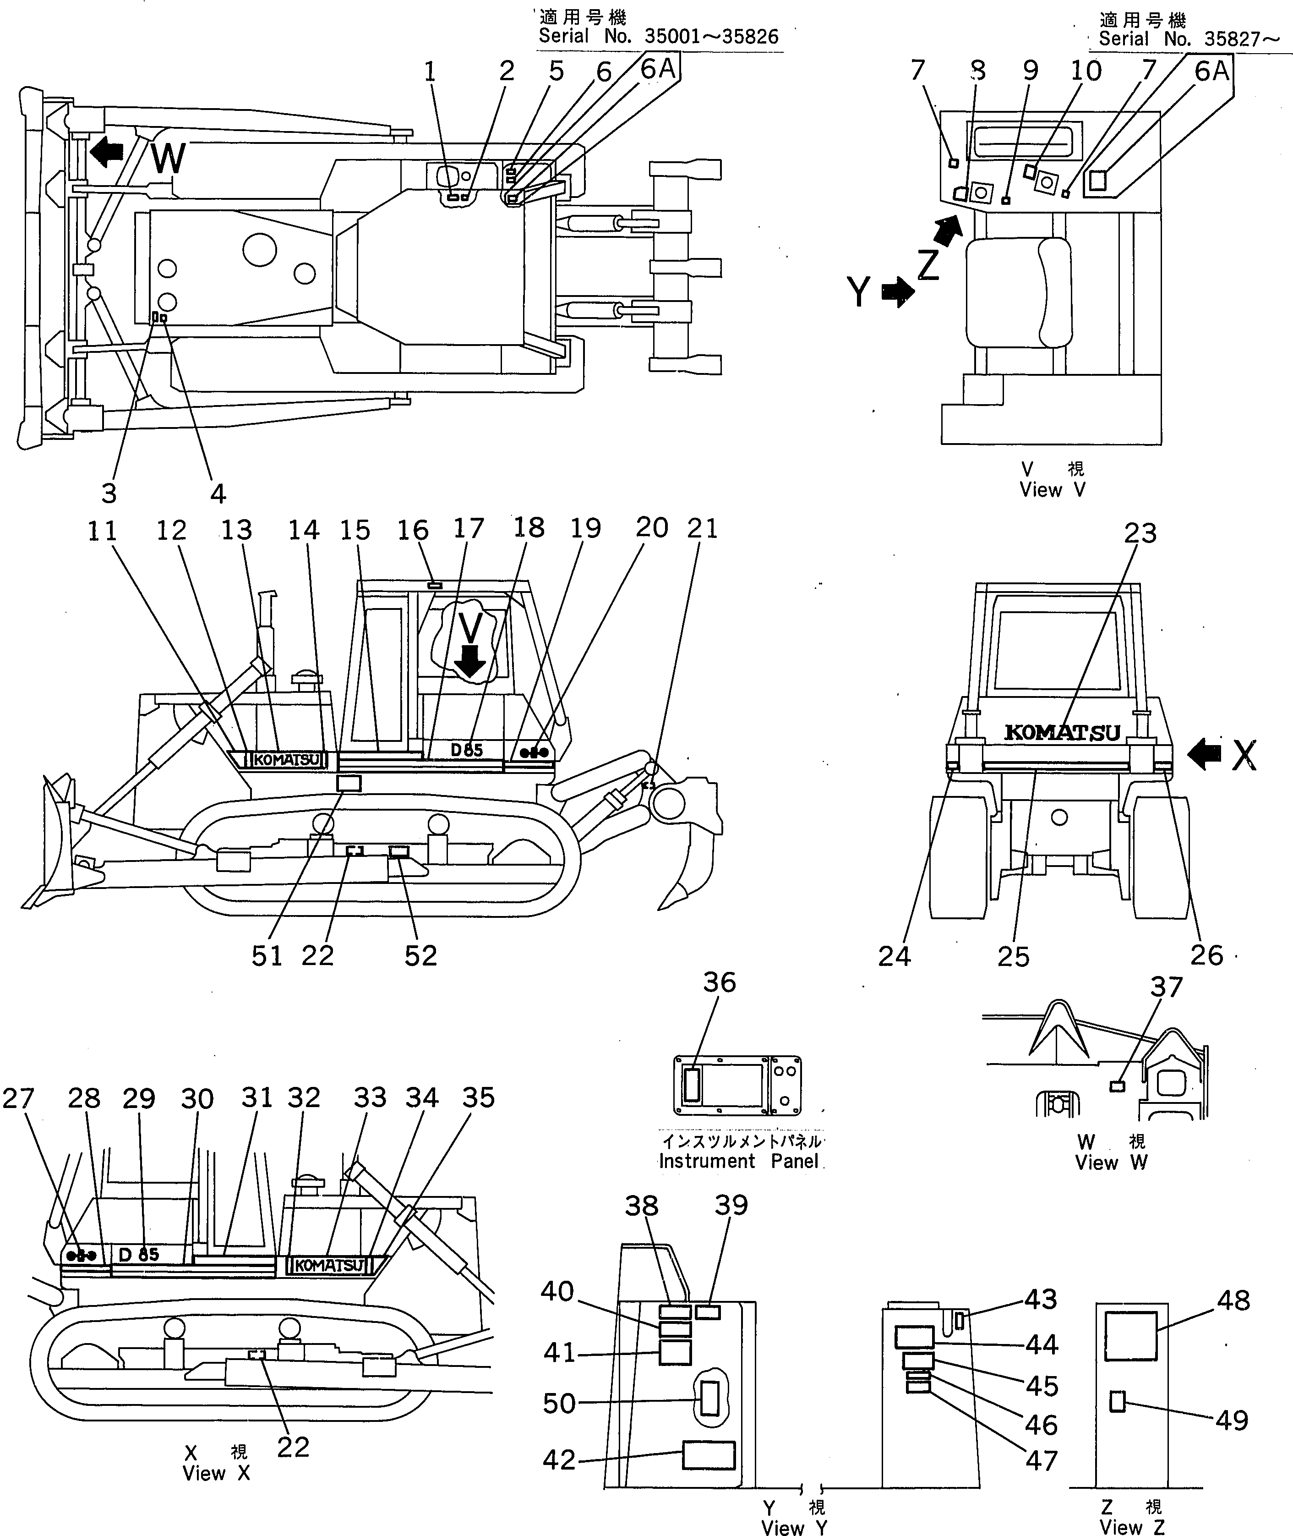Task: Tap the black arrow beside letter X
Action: tap(1204, 754)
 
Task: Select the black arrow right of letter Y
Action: tap(898, 292)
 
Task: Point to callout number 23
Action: tap(1140, 534)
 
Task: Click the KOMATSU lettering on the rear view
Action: tap(1062, 732)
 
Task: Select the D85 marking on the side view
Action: tap(467, 750)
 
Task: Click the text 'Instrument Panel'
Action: tap(738, 1161)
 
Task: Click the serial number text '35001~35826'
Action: tap(711, 37)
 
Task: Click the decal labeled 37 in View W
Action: tap(1117, 1086)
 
